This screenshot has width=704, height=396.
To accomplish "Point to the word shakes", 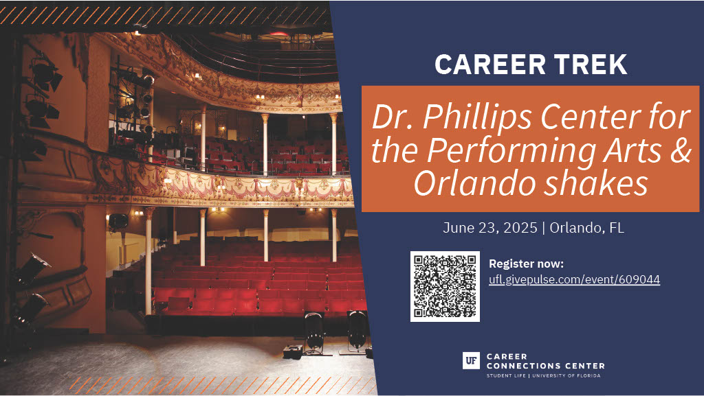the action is coord(596,183).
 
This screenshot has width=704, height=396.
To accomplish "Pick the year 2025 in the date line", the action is coord(520,228).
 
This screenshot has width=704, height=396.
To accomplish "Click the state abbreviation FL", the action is coord(617,228).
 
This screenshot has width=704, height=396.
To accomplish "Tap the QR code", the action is coord(445,286).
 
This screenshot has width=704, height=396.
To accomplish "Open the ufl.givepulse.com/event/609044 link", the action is coord(574,279).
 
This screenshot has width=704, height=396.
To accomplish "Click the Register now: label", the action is coord(526,264).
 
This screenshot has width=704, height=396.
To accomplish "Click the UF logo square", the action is coord(471,360).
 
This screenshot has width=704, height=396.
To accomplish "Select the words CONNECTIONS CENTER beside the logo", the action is coord(545,366).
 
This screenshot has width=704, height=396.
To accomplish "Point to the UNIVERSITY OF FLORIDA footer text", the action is coord(566,376).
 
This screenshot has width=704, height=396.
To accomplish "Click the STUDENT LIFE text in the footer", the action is coord(507,376).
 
